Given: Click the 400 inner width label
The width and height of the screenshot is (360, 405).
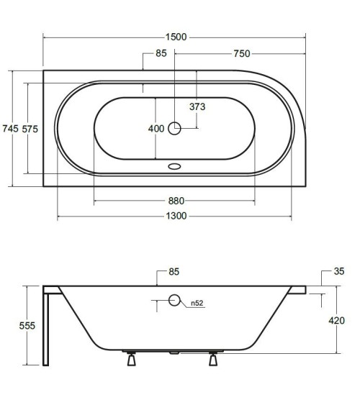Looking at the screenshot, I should click(156, 129).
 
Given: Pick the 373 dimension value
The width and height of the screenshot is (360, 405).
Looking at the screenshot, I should click(197, 107).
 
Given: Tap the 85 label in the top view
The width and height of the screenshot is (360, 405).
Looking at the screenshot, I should click(161, 53).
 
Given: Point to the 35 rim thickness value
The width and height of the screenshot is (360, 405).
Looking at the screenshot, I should click(339, 271).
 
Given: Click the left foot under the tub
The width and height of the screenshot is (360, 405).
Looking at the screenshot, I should click(131, 360).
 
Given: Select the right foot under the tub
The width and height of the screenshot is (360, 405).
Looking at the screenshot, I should click(214, 360).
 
